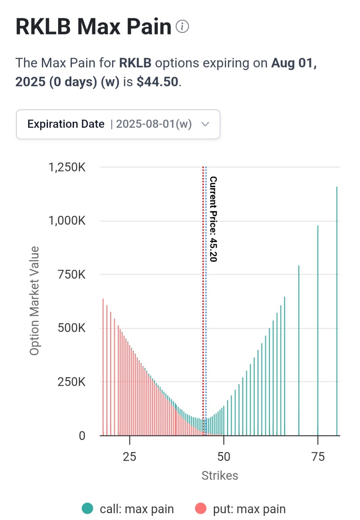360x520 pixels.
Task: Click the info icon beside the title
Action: [182, 27]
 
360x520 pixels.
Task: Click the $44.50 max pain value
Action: [157, 82]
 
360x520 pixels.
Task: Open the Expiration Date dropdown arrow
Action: [205, 124]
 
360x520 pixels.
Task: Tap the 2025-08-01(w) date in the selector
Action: [154, 124]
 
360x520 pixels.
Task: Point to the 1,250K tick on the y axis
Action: [67, 167]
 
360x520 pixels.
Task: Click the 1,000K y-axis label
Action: [67, 221]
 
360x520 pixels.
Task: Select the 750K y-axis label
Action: [72, 274]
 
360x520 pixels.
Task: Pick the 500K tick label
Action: [72, 328]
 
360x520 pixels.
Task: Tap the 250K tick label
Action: [72, 382]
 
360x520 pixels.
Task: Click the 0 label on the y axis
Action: [82, 436]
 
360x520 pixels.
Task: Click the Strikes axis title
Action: [220, 475]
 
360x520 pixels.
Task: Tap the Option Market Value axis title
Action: [34, 301]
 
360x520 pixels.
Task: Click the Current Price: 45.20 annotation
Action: [213, 219]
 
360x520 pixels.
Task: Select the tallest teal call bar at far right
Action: [337, 311]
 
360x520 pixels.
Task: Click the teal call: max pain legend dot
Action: [87, 509]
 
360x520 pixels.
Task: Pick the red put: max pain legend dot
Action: [201, 509]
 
